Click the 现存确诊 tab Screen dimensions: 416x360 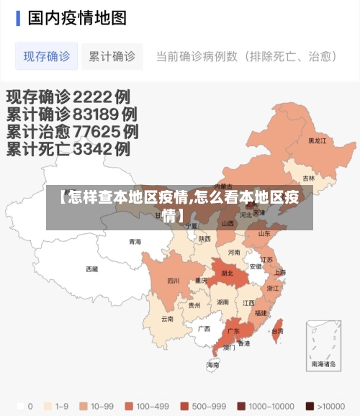[47, 56]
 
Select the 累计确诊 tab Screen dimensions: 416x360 [112, 56]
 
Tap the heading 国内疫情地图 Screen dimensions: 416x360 [77, 17]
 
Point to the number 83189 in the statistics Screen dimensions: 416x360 [94, 114]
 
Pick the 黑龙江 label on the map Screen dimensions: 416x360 [318, 141]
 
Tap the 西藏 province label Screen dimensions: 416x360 [91, 269]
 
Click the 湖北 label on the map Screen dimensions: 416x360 [227, 273]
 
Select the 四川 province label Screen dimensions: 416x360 [174, 281]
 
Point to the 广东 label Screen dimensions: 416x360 [233, 332]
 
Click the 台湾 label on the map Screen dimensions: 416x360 [277, 332]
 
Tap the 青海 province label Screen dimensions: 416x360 [135, 242]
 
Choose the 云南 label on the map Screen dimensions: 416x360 [167, 318]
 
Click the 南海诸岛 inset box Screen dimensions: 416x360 [323, 344]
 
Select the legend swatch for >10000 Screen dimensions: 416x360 [310, 406]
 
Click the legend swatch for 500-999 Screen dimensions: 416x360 [185, 406]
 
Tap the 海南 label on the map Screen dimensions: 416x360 [213, 366]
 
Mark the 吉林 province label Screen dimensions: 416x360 [309, 178]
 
